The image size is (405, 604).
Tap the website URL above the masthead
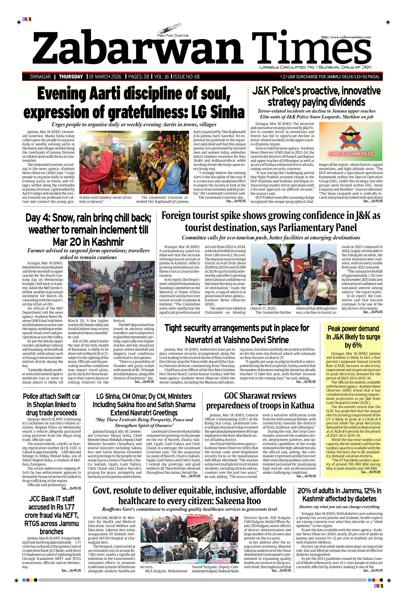click(346, 37)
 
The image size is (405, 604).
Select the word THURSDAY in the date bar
click(71, 77)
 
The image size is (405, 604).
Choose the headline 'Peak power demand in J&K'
click(353, 337)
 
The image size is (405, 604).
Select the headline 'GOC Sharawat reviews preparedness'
click(260, 400)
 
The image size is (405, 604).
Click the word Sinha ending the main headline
click(227, 112)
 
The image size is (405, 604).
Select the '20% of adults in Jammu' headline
click(339, 494)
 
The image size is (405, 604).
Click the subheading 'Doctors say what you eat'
click(339, 506)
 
